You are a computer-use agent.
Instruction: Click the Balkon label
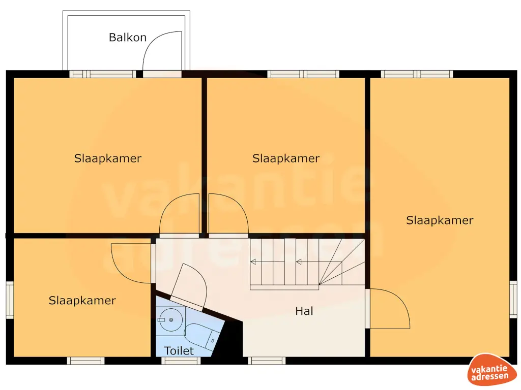(x=128, y=37)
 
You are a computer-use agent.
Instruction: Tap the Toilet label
(x=179, y=350)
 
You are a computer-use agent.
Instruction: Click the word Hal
(x=304, y=311)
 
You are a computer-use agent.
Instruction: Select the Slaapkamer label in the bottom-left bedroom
(x=82, y=300)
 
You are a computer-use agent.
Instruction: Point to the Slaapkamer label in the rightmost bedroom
(x=440, y=220)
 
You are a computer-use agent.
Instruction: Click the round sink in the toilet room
(x=171, y=319)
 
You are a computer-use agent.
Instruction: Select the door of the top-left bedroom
(x=179, y=215)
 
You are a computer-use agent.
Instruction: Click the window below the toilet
(x=181, y=361)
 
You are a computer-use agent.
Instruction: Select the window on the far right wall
(x=513, y=300)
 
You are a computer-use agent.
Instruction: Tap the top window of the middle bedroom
(x=303, y=74)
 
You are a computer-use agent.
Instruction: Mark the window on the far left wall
(x=9, y=300)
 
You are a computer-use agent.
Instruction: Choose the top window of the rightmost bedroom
(x=417, y=74)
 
